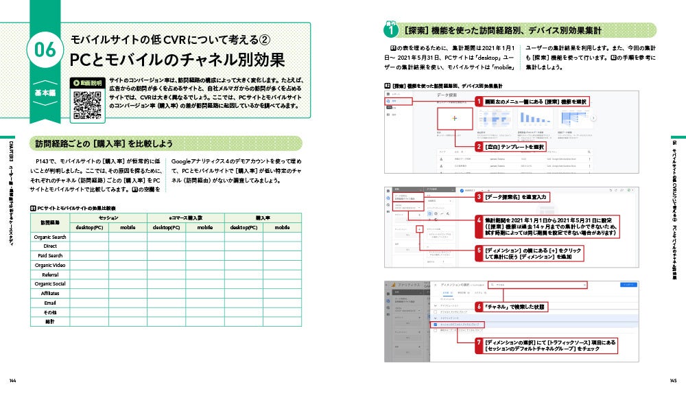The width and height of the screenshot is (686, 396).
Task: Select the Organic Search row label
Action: coord(50,237)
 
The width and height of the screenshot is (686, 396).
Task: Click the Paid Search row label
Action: coord(50,255)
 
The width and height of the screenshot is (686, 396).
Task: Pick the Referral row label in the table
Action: coord(50,275)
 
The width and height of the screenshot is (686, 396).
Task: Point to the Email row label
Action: coord(50,303)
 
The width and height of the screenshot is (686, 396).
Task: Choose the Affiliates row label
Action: coord(50,293)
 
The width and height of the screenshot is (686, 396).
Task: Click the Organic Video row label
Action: coord(50,265)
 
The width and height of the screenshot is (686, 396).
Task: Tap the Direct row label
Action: coord(50,246)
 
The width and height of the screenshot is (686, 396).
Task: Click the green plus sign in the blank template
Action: coord(455,119)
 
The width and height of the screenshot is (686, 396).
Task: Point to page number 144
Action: coord(12,381)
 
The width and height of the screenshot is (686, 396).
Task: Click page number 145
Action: coord(673,381)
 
